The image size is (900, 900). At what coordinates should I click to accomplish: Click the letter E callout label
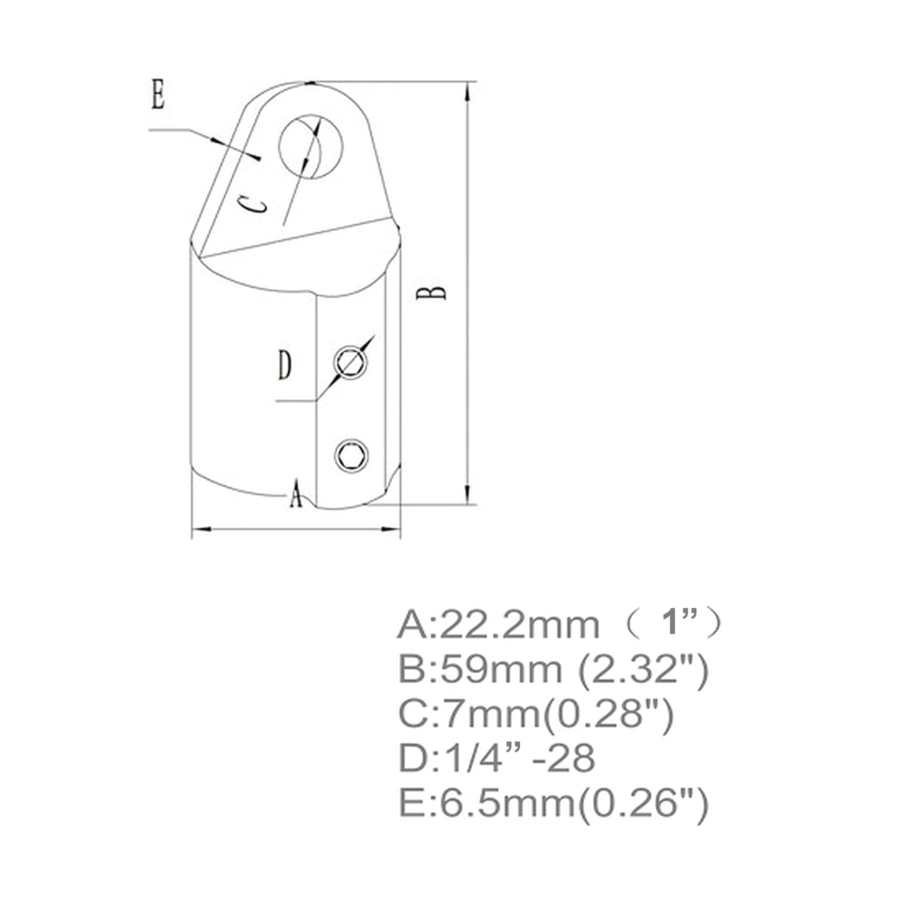(158, 95)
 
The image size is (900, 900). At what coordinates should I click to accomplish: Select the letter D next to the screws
(284, 365)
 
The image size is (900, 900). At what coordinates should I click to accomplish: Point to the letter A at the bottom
(296, 493)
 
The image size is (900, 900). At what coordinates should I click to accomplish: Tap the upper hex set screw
(351, 362)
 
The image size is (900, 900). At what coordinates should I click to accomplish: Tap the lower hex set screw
(351, 455)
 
